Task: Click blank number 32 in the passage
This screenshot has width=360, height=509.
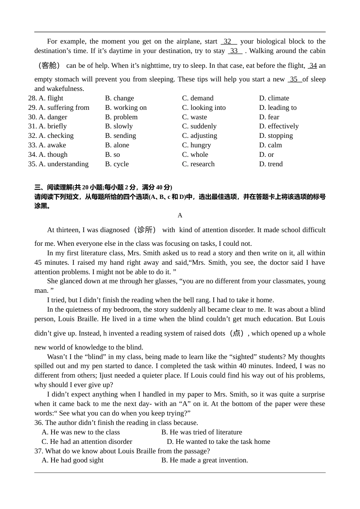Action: (228, 41)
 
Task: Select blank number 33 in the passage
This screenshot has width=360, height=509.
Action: (235, 51)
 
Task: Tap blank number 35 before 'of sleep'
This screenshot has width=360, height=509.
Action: (294, 79)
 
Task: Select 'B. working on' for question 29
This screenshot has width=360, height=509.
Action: (126, 108)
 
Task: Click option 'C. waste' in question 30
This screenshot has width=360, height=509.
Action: (194, 117)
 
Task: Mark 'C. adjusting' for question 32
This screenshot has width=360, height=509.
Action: (199, 136)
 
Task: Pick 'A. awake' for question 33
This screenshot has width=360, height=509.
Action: (52, 145)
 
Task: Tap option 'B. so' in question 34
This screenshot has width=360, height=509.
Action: (113, 155)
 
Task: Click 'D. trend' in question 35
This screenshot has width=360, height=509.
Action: (271, 164)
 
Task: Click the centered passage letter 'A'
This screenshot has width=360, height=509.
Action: (180, 215)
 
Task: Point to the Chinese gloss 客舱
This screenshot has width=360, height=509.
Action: (49, 66)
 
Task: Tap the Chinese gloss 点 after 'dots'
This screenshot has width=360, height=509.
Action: (237, 333)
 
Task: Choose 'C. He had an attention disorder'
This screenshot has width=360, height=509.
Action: (87, 442)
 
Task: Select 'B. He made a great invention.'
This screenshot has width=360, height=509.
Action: (205, 460)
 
